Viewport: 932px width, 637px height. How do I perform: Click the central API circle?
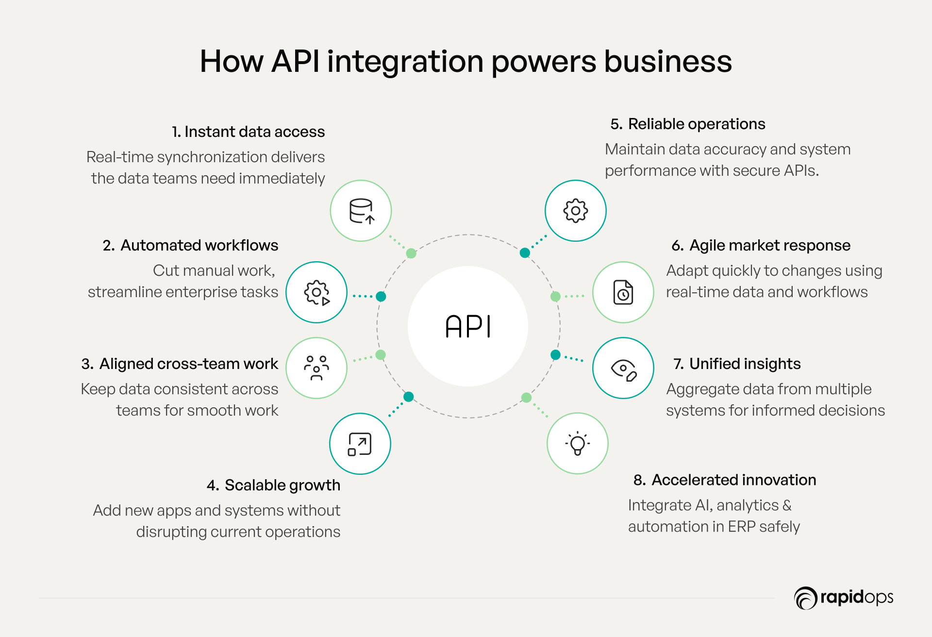(x=467, y=326)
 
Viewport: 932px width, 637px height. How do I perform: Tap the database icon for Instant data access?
(x=361, y=211)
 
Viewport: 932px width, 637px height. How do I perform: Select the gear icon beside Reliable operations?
(x=575, y=211)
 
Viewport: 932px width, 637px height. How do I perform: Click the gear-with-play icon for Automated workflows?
(x=316, y=292)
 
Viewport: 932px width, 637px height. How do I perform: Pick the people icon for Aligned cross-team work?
(x=316, y=368)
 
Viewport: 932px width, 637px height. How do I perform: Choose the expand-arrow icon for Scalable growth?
(x=360, y=444)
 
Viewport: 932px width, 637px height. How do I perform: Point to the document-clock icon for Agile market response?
(x=623, y=292)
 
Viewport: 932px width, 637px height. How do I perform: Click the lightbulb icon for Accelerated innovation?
(x=577, y=443)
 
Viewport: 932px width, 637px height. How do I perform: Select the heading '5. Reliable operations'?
(x=688, y=124)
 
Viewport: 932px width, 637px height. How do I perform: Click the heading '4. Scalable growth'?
(x=274, y=485)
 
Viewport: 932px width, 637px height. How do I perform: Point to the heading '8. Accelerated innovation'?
(x=725, y=480)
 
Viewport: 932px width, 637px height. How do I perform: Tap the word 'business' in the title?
(x=668, y=62)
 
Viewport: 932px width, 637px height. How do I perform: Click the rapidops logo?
(x=844, y=598)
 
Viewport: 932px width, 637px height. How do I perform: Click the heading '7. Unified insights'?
(x=737, y=364)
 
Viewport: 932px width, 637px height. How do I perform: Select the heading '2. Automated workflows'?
(x=190, y=246)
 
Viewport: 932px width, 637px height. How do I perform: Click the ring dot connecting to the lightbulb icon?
(x=526, y=398)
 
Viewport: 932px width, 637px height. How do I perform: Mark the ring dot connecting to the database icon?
(x=411, y=253)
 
